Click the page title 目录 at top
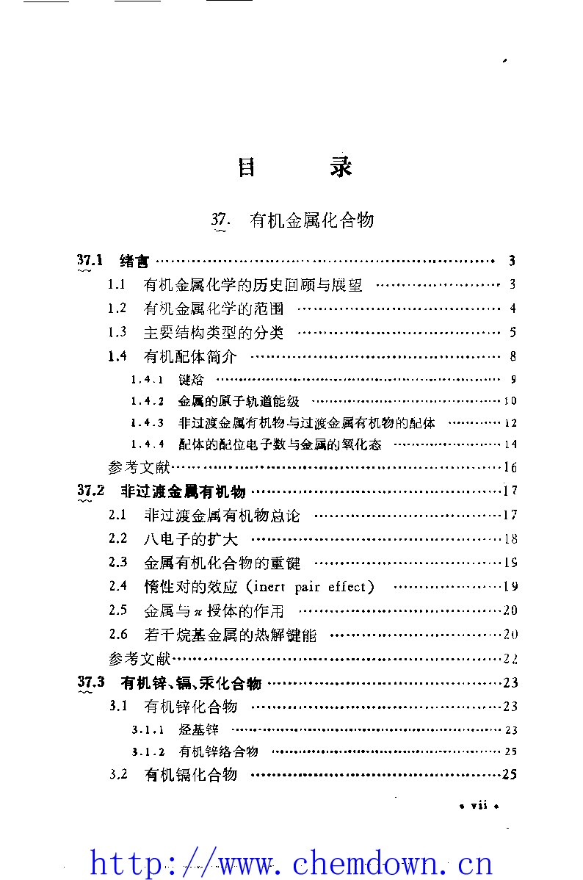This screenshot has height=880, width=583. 294,167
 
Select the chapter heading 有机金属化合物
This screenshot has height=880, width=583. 312,220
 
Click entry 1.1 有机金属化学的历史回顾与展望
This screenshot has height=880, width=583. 253,285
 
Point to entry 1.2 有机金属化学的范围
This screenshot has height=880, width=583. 214,309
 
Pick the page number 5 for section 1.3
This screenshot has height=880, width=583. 513,332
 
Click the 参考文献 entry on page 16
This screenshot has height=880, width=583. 139,467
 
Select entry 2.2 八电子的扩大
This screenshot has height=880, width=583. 191,539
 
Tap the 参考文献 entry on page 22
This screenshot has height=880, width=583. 139,657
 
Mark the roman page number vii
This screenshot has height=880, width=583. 479,805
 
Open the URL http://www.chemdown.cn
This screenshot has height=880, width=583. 291,861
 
